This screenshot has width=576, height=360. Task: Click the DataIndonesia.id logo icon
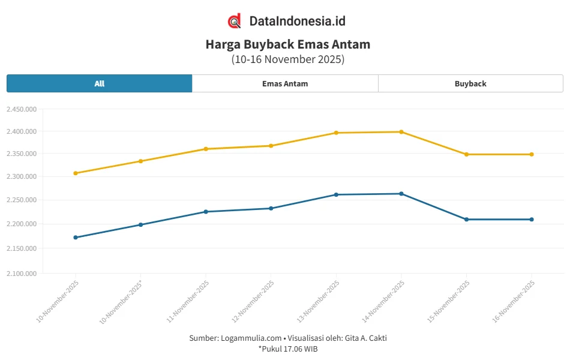(235, 21)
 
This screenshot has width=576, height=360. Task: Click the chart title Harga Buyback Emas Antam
(288, 44)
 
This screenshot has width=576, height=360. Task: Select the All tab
(100, 83)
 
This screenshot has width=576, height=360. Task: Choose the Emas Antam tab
(285, 83)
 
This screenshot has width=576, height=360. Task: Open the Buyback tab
(470, 83)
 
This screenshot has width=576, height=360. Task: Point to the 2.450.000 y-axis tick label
(22, 109)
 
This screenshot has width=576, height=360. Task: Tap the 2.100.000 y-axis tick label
(22, 274)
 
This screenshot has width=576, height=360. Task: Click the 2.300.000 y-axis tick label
(22, 177)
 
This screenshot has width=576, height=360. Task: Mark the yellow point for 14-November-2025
(401, 132)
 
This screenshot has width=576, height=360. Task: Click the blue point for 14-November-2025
(401, 194)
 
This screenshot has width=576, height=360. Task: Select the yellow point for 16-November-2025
(532, 154)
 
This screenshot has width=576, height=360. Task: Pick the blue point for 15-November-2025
(466, 220)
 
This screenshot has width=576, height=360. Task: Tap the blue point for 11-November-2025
(206, 212)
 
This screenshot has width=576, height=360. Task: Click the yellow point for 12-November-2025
(271, 146)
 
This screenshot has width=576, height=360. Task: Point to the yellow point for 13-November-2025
(336, 133)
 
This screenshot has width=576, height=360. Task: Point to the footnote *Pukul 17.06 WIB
(288, 349)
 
